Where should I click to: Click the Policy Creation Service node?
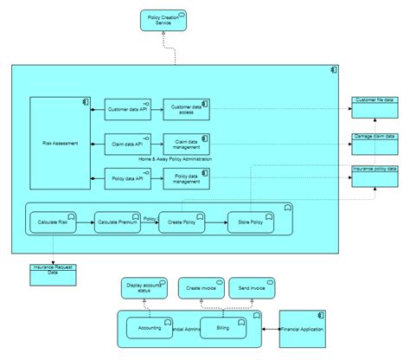tap(165, 21)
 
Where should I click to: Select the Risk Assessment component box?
tap(60, 143)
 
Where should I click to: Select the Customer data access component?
tap(186, 109)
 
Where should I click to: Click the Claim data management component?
tap(186, 143)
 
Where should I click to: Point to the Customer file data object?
tap(374, 106)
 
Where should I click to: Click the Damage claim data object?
tap(374, 142)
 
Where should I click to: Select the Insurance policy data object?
tap(374, 175)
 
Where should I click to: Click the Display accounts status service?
tap(144, 288)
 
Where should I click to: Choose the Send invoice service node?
tap(251, 288)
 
